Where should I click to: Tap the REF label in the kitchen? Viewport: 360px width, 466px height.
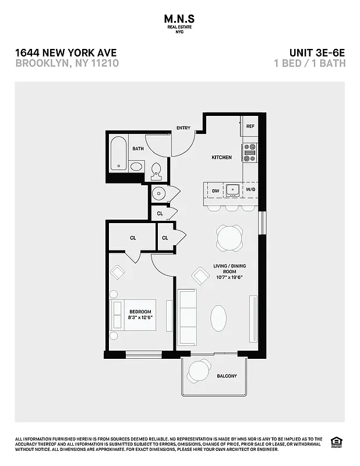coord(250,126)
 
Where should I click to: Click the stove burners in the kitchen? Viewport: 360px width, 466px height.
coord(249,152)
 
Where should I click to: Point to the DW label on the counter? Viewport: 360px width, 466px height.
coord(216,190)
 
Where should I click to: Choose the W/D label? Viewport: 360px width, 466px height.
coord(250,190)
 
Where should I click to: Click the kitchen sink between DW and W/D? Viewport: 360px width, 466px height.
coord(232,189)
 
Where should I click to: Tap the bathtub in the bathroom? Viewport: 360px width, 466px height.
coord(119,153)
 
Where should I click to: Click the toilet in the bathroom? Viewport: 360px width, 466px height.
coord(156,170)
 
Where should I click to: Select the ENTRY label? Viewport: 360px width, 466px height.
coord(183,128)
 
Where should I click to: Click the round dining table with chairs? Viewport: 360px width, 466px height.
coord(230,238)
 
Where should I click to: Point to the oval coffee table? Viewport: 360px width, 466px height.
coord(218,319)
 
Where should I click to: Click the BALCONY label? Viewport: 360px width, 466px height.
coord(227,376)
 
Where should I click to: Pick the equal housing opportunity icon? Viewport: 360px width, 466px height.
coord(336,442)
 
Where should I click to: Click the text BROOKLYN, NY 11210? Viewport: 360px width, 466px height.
coord(67,63)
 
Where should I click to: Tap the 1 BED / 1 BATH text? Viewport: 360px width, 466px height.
coord(309,63)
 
